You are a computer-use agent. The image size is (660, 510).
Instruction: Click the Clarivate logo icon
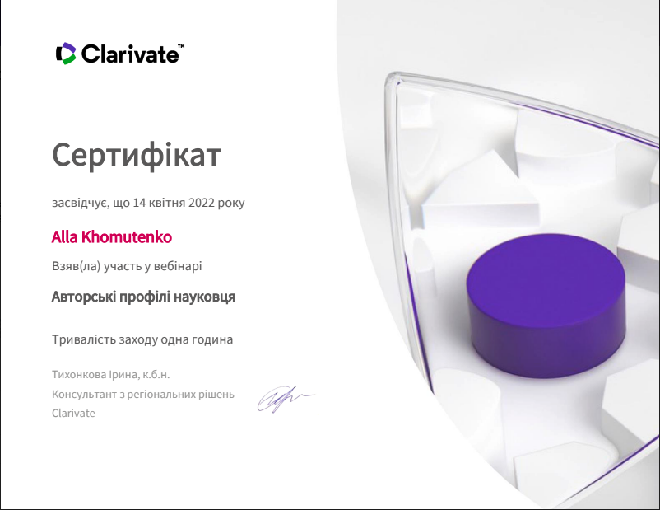(66, 54)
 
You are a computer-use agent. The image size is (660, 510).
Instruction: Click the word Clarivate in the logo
(130, 54)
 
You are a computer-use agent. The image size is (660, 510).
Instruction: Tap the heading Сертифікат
(137, 156)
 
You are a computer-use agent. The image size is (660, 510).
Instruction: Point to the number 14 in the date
(139, 203)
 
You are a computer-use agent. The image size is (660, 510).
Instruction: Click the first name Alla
(65, 237)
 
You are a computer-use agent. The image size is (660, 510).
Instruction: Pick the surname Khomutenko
(126, 237)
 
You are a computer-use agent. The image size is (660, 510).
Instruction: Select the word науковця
(204, 297)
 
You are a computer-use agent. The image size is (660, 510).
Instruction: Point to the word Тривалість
(84, 339)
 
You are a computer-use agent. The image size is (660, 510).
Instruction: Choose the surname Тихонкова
(79, 374)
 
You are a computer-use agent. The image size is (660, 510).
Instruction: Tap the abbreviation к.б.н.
(156, 374)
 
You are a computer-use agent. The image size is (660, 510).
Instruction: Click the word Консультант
(85, 395)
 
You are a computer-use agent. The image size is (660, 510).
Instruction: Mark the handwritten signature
(286, 398)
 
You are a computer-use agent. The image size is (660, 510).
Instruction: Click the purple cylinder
(546, 306)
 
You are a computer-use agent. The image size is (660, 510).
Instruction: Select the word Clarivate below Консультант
(73, 413)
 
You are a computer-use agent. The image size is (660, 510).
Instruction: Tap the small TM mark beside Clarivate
(181, 45)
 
